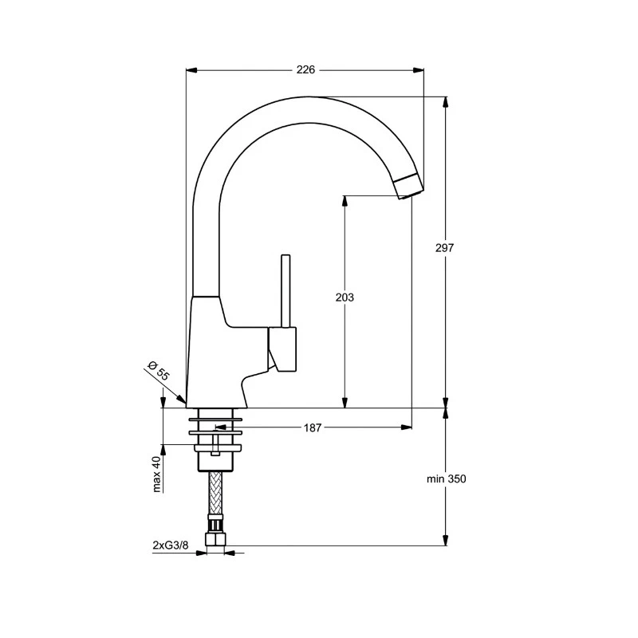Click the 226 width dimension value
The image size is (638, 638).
[x=305, y=69]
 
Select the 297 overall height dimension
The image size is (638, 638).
[x=445, y=248]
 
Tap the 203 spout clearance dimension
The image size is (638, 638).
[x=345, y=297]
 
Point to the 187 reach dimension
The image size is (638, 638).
[x=313, y=428]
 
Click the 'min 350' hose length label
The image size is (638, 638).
[x=446, y=479]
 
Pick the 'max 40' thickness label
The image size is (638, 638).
[x=158, y=473]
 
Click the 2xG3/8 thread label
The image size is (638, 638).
[x=171, y=545]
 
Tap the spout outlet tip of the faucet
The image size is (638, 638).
[x=408, y=186]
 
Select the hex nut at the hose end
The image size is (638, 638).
[x=214, y=541]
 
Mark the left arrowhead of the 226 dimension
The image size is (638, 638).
[x=191, y=70]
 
